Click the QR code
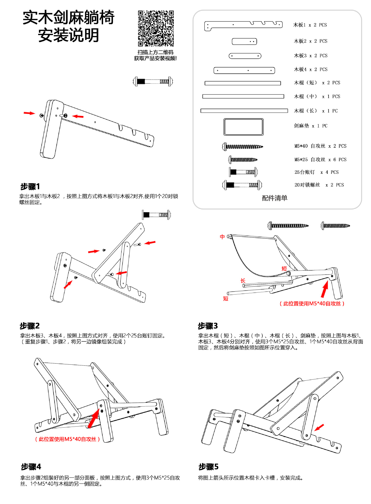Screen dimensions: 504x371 click(x=156, y=28)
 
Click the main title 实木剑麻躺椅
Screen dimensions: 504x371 click(x=68, y=18)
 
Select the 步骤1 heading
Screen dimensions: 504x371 click(x=30, y=187)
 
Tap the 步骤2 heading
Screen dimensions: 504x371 click(x=30, y=326)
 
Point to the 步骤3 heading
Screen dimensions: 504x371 click(x=208, y=326)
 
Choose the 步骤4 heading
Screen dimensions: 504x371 click(x=31, y=467)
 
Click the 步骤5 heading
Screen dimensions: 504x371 click(x=209, y=467)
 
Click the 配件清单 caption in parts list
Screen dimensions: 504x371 click(x=274, y=198)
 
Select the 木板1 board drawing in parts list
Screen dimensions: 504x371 click(x=243, y=26)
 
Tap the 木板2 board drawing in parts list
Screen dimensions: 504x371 click(x=244, y=41)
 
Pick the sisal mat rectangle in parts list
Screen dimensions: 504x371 click(x=243, y=127)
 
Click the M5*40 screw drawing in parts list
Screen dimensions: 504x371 click(x=243, y=146)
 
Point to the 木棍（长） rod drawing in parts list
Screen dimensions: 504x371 click(x=244, y=111)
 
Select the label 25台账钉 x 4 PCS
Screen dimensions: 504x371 click(x=316, y=172)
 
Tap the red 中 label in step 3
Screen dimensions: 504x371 click(x=222, y=237)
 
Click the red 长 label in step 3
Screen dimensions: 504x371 click(x=243, y=281)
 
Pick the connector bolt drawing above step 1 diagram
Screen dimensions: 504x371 click(x=153, y=81)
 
